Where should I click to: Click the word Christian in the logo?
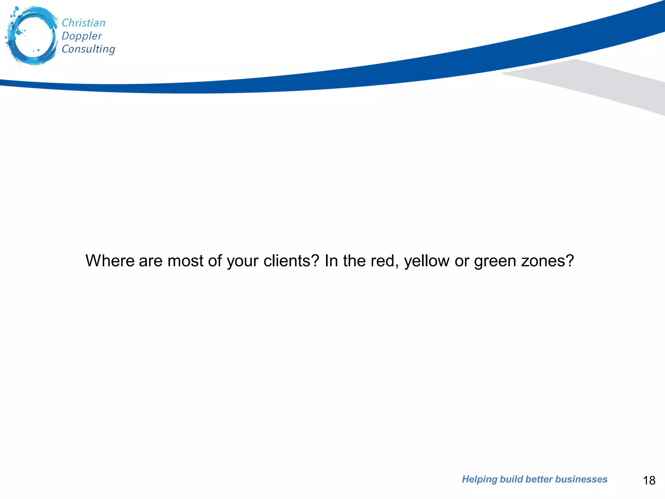(x=83, y=23)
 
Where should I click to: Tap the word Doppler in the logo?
(x=82, y=36)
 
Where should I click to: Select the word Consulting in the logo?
(x=88, y=49)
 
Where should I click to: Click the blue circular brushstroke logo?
(x=31, y=36)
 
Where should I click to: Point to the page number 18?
(x=649, y=480)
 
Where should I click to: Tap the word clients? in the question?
(x=291, y=261)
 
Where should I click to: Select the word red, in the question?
(x=384, y=261)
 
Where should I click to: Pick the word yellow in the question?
(x=427, y=261)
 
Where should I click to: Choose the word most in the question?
(x=185, y=261)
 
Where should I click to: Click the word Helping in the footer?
(x=479, y=480)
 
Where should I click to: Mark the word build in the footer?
(x=511, y=479)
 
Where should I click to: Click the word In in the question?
(x=331, y=261)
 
